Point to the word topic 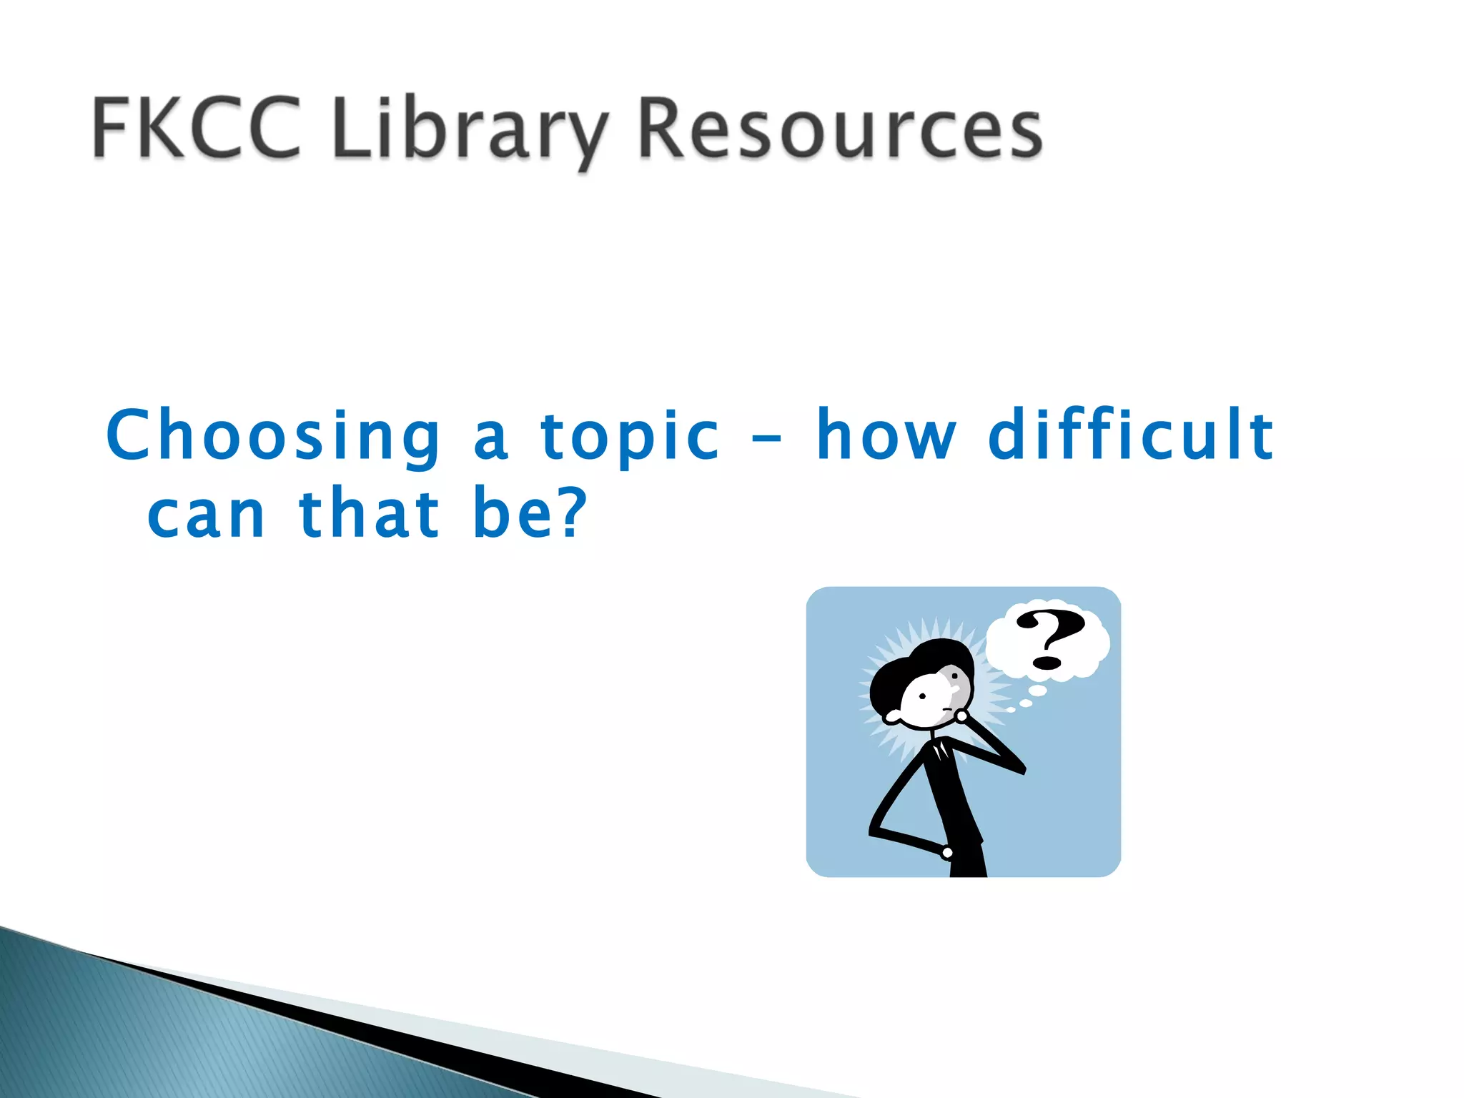[x=629, y=437]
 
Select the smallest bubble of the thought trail [x=1010, y=710]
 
